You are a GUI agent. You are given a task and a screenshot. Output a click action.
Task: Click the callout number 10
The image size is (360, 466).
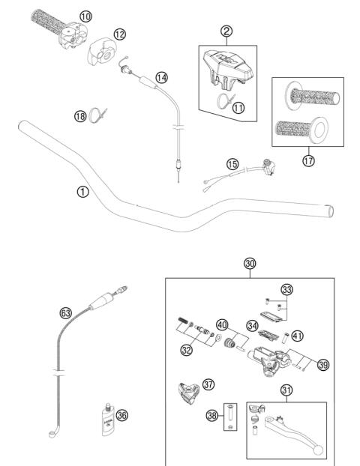tap(85, 16)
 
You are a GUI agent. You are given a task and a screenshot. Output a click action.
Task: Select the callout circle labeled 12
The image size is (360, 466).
tap(120, 34)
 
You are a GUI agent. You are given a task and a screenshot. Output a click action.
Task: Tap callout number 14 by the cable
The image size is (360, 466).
tap(162, 76)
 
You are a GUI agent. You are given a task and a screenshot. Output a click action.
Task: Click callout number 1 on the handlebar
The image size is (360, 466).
tap(82, 191)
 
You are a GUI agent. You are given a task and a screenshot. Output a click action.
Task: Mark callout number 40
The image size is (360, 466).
tap(221, 324)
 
